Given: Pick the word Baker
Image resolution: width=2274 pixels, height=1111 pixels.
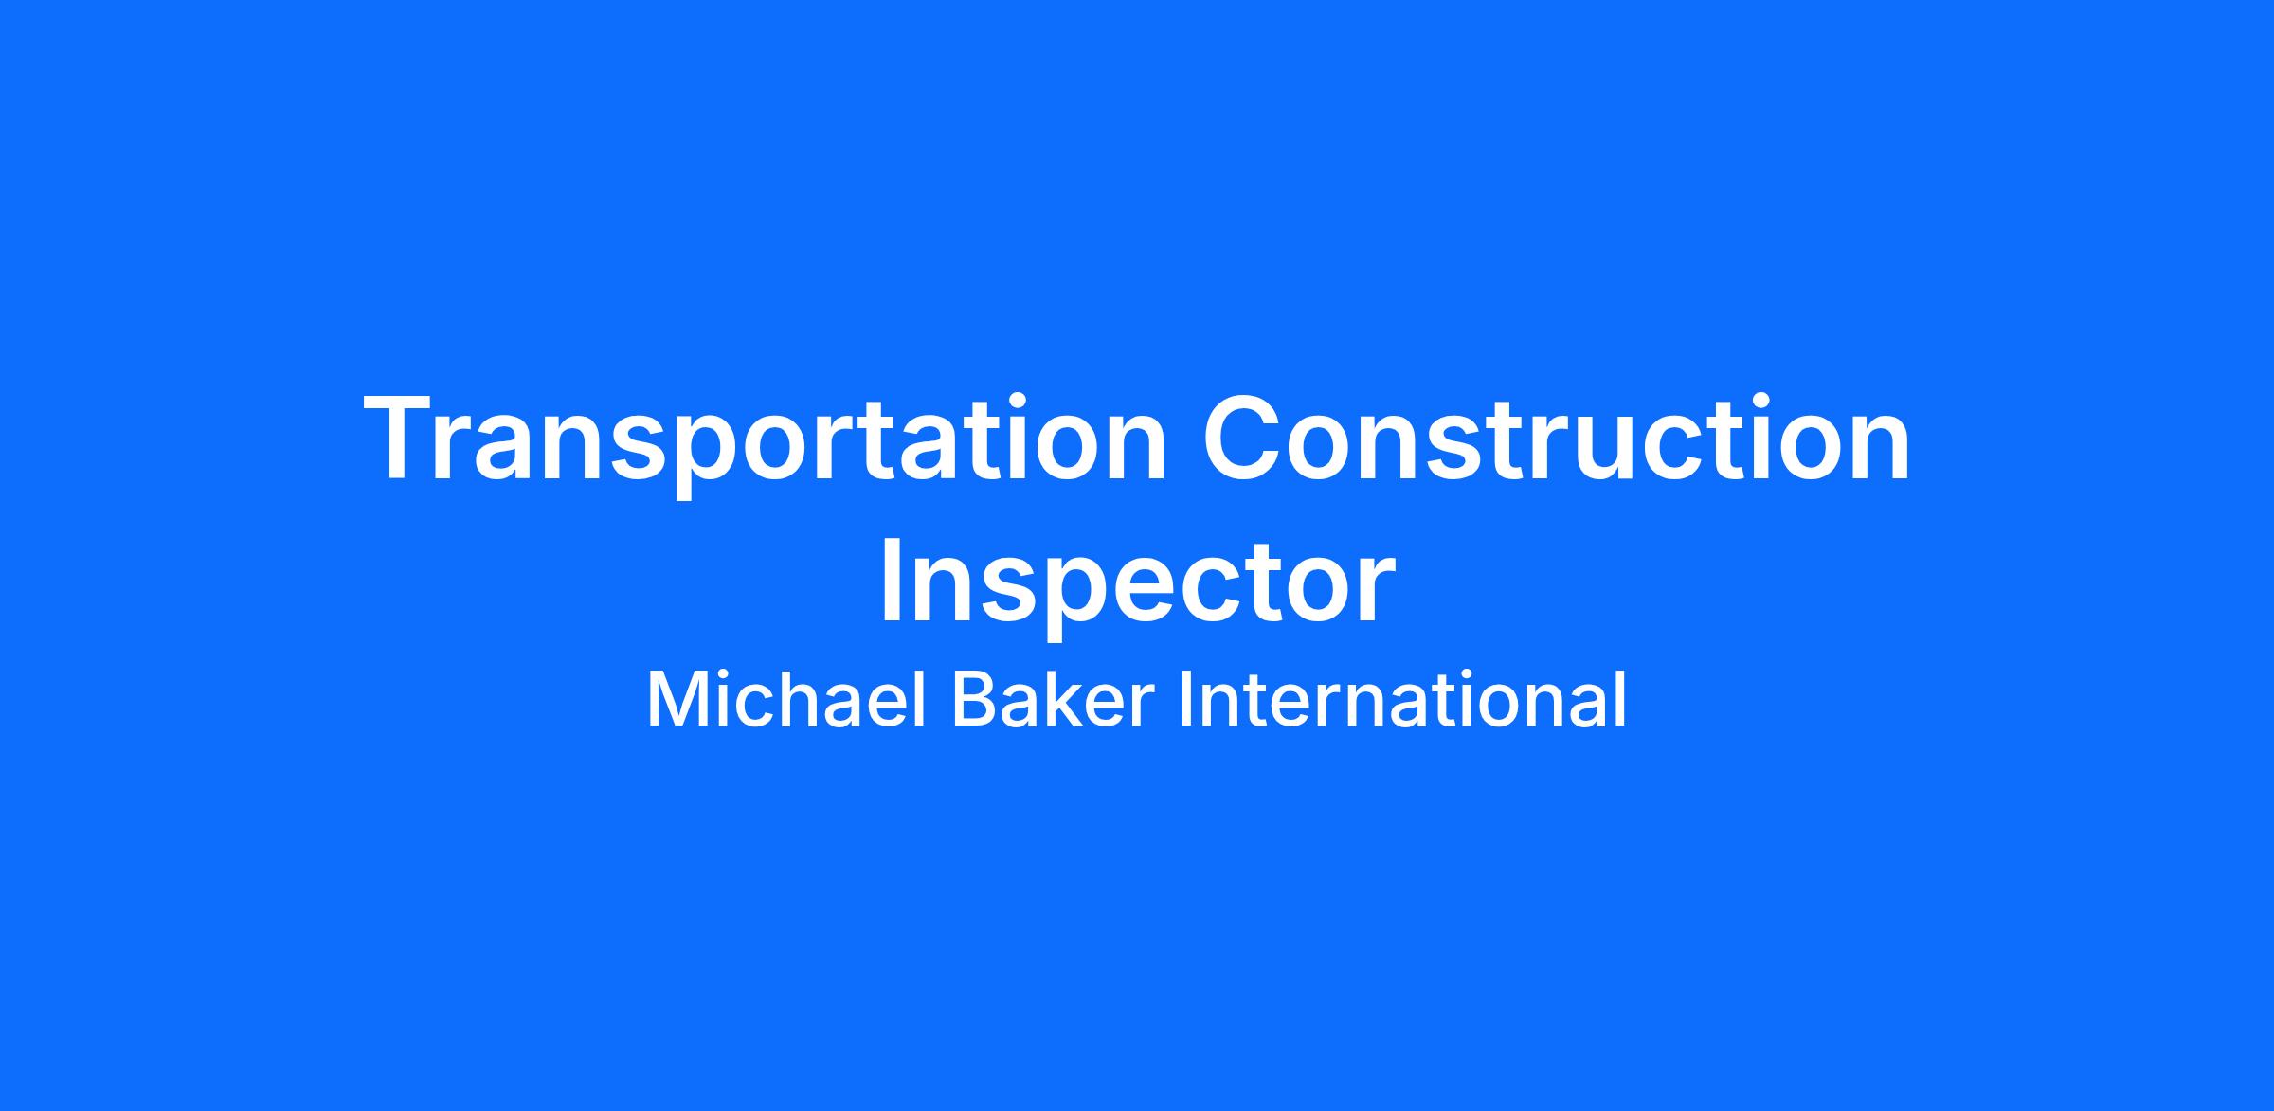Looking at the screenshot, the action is click(1054, 700).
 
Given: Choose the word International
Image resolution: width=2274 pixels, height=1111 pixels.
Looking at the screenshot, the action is click(1402, 700).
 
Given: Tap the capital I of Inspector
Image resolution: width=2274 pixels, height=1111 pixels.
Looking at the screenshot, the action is click(891, 582).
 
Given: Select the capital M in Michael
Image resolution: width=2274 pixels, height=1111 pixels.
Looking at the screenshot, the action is click(675, 701).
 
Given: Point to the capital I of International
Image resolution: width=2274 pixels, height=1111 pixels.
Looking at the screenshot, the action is click(1185, 701).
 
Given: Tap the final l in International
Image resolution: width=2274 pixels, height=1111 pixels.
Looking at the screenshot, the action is click(1620, 700).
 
